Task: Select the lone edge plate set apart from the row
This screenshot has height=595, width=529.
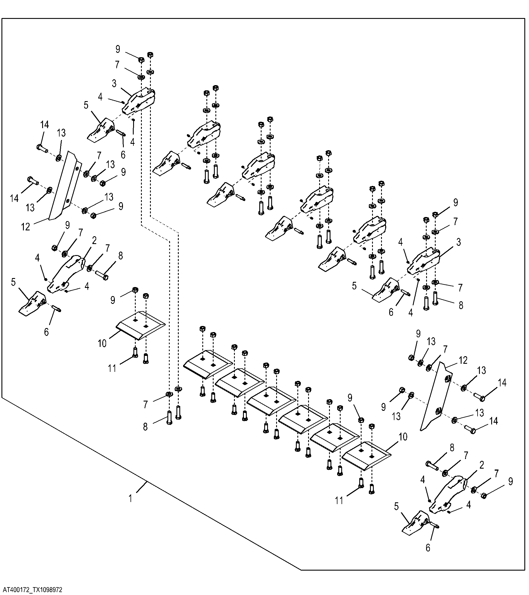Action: tap(141, 325)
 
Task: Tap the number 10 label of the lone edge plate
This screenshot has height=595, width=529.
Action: tap(102, 343)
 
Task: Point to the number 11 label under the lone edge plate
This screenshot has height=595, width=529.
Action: tap(112, 368)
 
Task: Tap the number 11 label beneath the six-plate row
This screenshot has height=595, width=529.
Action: tap(339, 500)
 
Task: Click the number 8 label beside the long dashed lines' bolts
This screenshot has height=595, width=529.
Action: tap(145, 427)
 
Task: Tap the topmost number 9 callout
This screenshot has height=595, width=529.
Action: tap(118, 49)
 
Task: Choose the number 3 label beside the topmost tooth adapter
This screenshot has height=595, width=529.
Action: tap(114, 84)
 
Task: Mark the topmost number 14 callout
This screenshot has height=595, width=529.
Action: tap(44, 125)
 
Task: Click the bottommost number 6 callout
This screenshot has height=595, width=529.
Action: tap(428, 548)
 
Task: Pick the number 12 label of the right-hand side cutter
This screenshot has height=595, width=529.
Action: tap(463, 360)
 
